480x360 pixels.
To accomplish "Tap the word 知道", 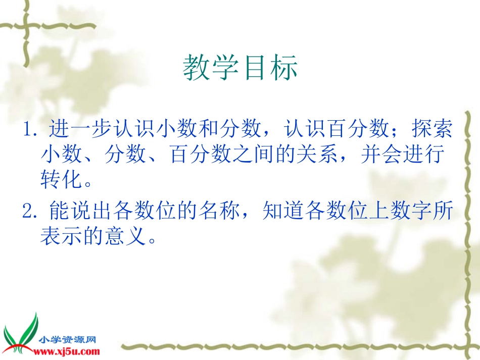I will point(284,212).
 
